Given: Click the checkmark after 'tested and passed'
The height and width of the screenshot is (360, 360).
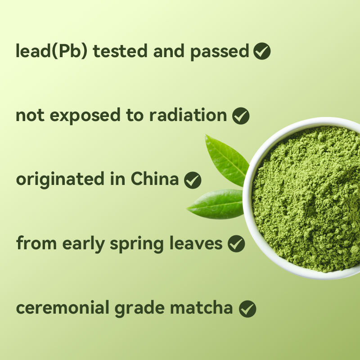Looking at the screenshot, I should (x=262, y=52).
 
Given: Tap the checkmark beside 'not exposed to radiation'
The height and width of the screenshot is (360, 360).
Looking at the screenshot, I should (x=241, y=116).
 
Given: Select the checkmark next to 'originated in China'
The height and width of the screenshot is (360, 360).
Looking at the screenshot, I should (x=193, y=180).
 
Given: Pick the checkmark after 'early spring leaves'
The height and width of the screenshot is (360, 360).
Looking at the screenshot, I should (x=236, y=244).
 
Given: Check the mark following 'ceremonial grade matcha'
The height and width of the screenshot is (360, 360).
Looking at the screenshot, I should (x=247, y=309).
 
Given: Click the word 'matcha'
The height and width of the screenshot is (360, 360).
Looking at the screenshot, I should (x=206, y=308).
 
